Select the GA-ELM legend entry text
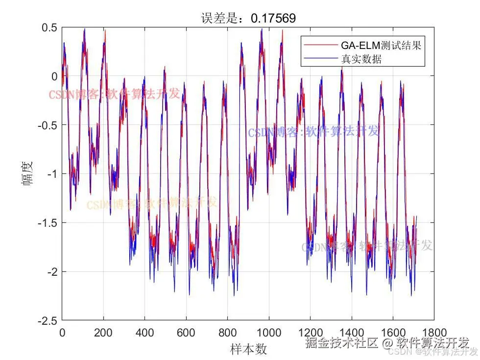pyautogui.click(x=381, y=46)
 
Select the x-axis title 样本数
pyautogui.click(x=248, y=349)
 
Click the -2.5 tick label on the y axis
pyautogui.click(x=47, y=320)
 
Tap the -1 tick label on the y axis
pyautogui.click(x=51, y=174)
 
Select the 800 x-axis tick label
pyautogui.click(x=227, y=333)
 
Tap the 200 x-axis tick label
pyautogui.click(x=103, y=333)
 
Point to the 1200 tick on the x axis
pyautogui.click(x=310, y=333)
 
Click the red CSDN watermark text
pyautogui.click(x=114, y=94)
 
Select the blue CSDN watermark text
pyautogui.click(x=313, y=132)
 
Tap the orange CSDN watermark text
pyautogui.click(x=151, y=203)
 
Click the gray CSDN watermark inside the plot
pyautogui.click(x=367, y=246)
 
